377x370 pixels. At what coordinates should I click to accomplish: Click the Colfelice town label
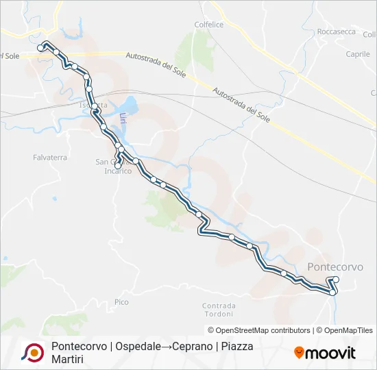pos(210,25)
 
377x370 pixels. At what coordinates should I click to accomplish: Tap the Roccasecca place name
pos(336,32)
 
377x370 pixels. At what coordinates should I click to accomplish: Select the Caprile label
pos(358,53)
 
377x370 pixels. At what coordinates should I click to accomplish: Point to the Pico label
pos(121,301)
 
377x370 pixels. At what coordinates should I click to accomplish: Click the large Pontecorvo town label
pos(336,267)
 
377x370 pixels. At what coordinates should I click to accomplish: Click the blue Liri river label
pos(123,119)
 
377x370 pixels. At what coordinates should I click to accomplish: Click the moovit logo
pos(325,353)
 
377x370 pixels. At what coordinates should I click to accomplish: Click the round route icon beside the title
pos(32,352)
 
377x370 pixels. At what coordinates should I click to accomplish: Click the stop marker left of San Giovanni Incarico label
pos(118,166)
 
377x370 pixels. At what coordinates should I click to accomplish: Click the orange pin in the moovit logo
pos(299,353)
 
